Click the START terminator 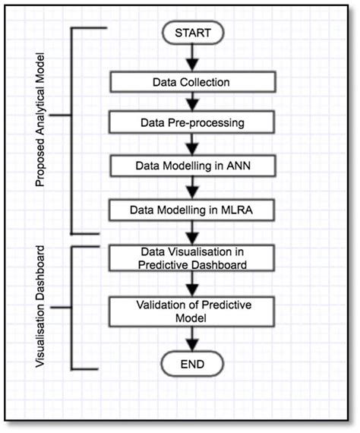coord(192,33)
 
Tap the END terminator coord(192,365)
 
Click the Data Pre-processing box coord(191,121)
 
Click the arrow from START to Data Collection coord(192,57)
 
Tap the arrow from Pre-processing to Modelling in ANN coord(192,142)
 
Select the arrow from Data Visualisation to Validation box coord(192,284)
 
